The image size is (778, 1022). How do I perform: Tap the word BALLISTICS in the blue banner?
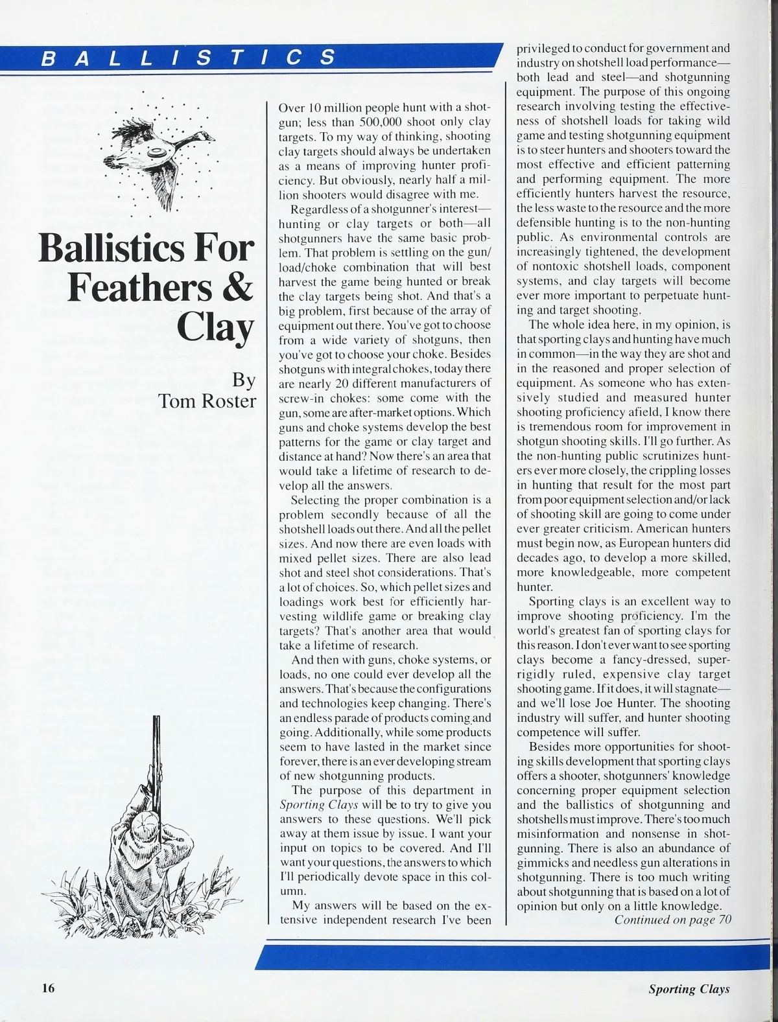(188, 58)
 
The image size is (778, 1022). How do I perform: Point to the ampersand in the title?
(237, 286)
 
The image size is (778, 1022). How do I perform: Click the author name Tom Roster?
(207, 401)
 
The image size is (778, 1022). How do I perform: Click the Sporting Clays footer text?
(689, 988)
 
